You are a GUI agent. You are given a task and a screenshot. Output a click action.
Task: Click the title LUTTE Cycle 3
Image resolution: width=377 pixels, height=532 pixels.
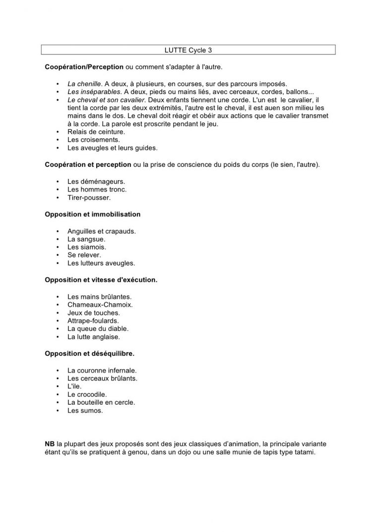(188, 50)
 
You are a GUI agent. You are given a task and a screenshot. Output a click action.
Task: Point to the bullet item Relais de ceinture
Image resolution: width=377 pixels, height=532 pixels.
(96, 132)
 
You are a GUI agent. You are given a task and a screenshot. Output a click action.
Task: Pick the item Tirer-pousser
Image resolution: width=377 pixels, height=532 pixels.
(89, 197)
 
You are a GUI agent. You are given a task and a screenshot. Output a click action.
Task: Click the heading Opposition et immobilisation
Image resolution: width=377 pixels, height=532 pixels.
(92, 214)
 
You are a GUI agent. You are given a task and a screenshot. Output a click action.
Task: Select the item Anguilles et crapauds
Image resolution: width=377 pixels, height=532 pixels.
(102, 231)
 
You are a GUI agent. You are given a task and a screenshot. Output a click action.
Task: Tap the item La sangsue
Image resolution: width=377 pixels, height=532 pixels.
(86, 239)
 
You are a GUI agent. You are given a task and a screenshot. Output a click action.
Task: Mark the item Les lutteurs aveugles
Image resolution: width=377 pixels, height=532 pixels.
(101, 263)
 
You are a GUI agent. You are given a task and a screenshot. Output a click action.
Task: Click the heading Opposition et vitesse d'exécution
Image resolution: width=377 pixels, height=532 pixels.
(101, 280)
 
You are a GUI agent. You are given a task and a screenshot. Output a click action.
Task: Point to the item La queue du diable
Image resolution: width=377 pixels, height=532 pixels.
(98, 328)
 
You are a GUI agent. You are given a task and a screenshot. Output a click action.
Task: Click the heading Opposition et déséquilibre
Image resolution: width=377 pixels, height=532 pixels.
(89, 354)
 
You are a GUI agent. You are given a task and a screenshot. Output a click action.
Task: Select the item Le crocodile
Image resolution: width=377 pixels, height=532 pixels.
(87, 394)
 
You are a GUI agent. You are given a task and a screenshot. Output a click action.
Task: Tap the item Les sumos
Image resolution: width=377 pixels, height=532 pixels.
(85, 411)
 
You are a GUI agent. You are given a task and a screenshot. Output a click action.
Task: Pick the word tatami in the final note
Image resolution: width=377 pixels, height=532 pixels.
(304, 453)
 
